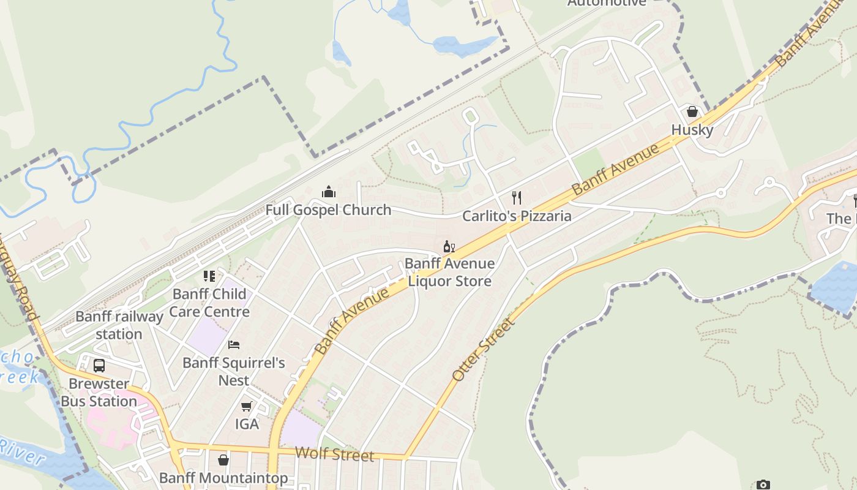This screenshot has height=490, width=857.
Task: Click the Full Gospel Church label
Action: (x=328, y=210)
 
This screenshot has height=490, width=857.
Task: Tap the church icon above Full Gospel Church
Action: (x=329, y=192)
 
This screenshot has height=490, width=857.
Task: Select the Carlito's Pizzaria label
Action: (x=517, y=216)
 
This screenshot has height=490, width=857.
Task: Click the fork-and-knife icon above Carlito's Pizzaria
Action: (x=517, y=197)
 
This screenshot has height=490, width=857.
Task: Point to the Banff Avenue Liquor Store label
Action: (x=449, y=273)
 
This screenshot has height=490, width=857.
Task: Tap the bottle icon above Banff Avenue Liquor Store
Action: (x=449, y=246)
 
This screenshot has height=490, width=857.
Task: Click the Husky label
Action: (x=692, y=130)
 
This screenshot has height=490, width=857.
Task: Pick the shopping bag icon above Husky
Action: (x=692, y=111)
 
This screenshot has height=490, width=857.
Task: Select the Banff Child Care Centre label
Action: (x=209, y=303)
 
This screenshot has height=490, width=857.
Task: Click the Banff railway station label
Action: (x=119, y=325)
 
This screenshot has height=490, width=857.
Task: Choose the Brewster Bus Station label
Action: (x=99, y=393)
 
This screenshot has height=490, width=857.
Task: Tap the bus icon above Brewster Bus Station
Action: (x=99, y=366)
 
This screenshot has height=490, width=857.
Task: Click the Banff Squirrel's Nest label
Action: (x=234, y=371)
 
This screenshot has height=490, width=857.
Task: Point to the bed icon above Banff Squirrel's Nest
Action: (x=234, y=345)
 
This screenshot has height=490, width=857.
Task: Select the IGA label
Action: (x=247, y=424)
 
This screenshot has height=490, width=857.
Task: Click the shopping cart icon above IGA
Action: (x=247, y=406)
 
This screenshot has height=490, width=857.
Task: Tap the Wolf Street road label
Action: (x=334, y=454)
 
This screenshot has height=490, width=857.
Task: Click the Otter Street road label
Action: (x=483, y=350)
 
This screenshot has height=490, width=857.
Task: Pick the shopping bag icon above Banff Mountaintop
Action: (x=223, y=459)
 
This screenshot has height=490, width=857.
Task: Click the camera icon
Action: (x=763, y=485)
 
